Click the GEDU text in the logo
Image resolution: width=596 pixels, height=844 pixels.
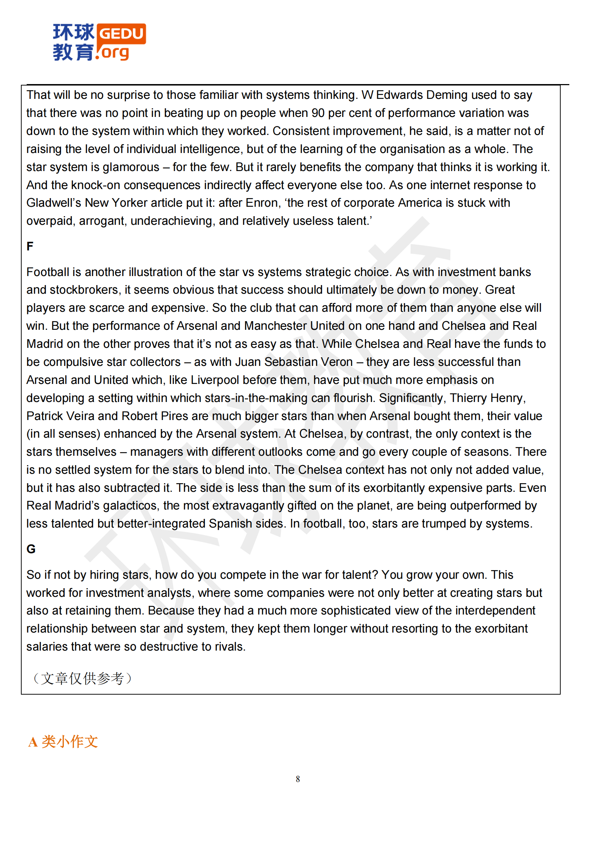point(121,34)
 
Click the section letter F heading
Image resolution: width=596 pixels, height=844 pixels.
point(30,246)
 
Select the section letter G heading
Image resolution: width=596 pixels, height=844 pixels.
point(31,549)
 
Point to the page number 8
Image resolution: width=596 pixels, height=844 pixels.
point(298,779)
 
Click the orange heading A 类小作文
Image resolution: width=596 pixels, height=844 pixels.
point(63,742)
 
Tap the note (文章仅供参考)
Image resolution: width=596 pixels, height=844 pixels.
point(82,678)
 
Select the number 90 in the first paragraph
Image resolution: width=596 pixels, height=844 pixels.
point(318,113)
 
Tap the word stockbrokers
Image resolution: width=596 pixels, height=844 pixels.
point(84,290)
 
